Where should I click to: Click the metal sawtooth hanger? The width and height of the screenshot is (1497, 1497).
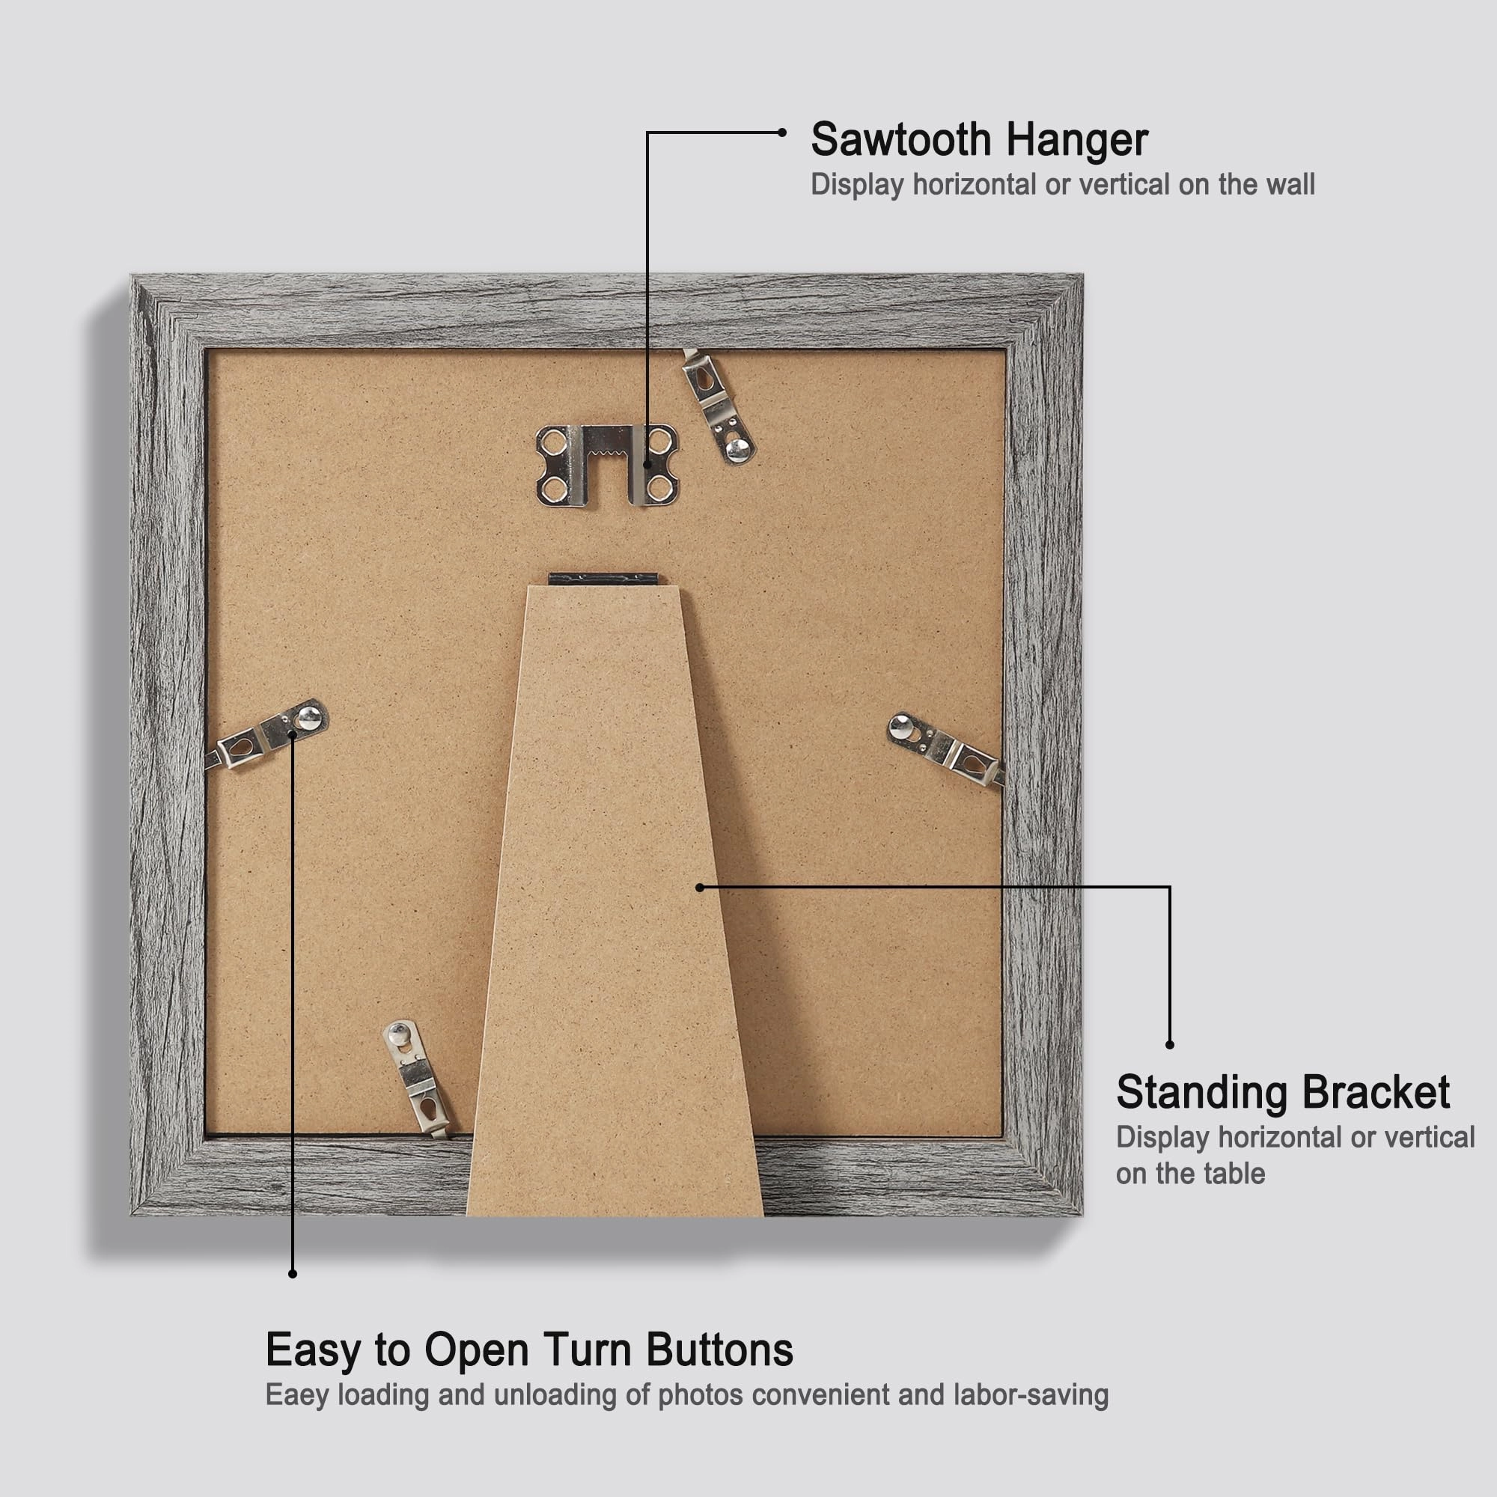coord(607,465)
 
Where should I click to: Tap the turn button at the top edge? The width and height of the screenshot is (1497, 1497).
coord(718,409)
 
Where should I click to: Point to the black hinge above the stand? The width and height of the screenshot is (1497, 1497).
coord(603,579)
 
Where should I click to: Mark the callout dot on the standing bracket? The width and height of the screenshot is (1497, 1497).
coord(700,887)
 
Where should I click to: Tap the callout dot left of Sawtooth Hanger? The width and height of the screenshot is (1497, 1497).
coord(783,132)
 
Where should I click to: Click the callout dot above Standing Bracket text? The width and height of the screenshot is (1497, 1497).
coord(1170,1045)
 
